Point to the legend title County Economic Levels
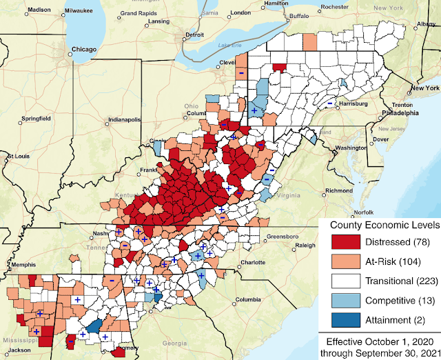tap(382, 225)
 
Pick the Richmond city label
tap(339, 190)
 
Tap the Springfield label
tap(34, 119)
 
